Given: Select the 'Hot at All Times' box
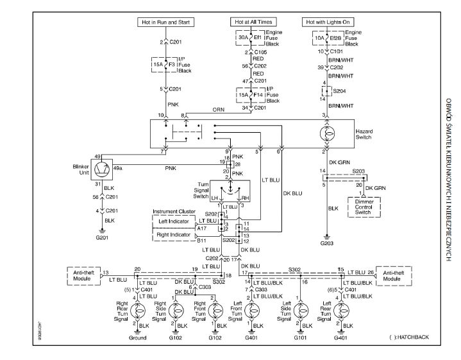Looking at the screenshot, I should coord(251,22).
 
